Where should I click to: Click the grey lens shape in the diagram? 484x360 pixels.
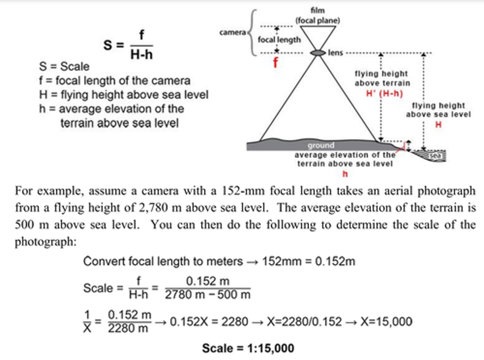[x=318, y=53]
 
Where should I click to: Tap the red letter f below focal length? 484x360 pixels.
[x=276, y=63]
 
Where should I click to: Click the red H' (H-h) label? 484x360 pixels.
[x=384, y=93]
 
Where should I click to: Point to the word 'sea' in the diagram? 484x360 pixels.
[x=435, y=156]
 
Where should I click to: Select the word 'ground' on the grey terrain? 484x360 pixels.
[x=321, y=145]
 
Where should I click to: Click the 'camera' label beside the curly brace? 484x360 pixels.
[x=233, y=32]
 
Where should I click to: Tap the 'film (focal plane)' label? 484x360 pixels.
[x=318, y=15]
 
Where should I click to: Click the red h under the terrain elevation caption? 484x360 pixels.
[x=345, y=174]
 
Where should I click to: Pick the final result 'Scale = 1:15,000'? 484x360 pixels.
[x=248, y=348]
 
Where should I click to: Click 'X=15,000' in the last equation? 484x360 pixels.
[x=386, y=322]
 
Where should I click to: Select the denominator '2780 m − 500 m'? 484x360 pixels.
[x=208, y=295]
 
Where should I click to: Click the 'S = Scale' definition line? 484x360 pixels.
[x=64, y=67]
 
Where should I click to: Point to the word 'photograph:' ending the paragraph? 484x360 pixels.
[x=46, y=241]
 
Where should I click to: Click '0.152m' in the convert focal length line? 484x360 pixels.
[x=335, y=261]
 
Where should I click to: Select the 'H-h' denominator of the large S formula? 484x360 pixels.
[x=141, y=54]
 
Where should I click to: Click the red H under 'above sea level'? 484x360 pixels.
[x=438, y=125]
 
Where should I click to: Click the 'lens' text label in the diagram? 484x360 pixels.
[x=335, y=53]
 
